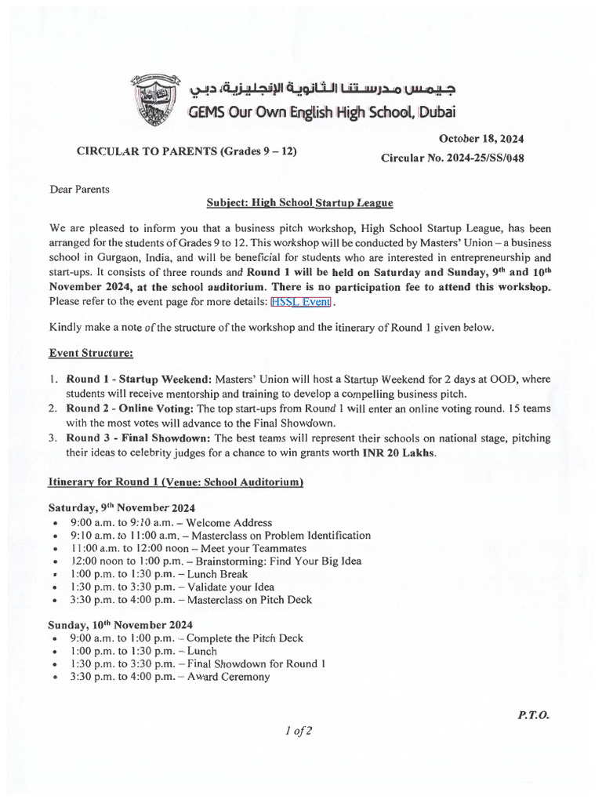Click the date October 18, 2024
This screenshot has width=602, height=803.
pos(487,139)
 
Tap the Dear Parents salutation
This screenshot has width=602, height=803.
pos(80,189)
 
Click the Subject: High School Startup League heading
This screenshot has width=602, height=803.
pos(299,203)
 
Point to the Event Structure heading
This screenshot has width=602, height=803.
pos(91,353)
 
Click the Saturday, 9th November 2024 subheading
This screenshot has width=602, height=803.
pos(121,507)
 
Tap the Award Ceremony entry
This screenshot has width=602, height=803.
pos(228,677)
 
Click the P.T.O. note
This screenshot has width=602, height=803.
pos(534,715)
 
